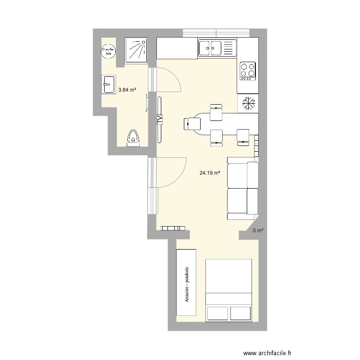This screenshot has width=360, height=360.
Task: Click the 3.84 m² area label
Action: tap(127, 90)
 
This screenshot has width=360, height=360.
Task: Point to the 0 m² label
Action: tap(258, 231)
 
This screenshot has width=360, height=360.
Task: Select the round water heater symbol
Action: tap(108, 50)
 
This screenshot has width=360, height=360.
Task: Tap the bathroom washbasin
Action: tap(108, 85)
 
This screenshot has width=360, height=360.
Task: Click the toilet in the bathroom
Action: tap(133, 138)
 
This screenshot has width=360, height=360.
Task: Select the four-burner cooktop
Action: tap(248, 70)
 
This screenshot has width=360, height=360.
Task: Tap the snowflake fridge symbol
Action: tap(248, 103)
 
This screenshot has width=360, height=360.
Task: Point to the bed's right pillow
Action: tap(241, 313)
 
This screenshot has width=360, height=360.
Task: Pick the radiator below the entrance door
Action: tap(173, 228)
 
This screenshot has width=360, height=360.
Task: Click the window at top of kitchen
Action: tap(216, 33)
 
